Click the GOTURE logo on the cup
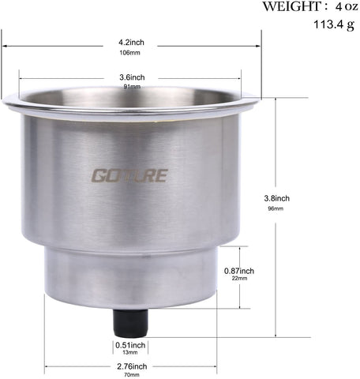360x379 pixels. click(x=129, y=175)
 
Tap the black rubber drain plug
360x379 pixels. click(x=130, y=323)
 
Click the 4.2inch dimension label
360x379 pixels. click(x=131, y=42)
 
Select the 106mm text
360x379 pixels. click(x=129, y=53)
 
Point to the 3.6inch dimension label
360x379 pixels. click(x=132, y=77)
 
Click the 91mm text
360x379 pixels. click(x=132, y=86)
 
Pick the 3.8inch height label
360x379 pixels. click(x=277, y=198)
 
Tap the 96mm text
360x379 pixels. click(x=276, y=208)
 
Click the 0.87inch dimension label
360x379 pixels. click(x=239, y=271)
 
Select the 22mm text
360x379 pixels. click(x=239, y=278)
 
